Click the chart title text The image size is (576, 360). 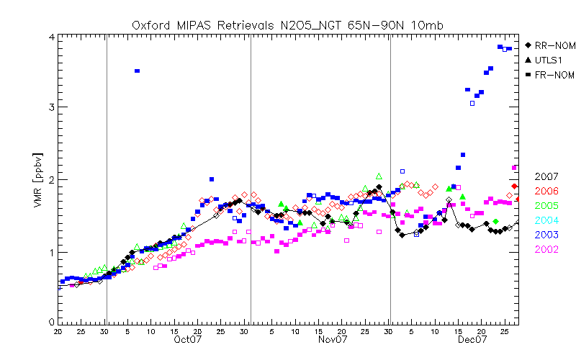[287, 24]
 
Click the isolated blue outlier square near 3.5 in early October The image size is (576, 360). [137, 71]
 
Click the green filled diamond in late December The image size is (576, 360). [495, 221]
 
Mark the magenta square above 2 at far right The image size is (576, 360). [514, 168]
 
